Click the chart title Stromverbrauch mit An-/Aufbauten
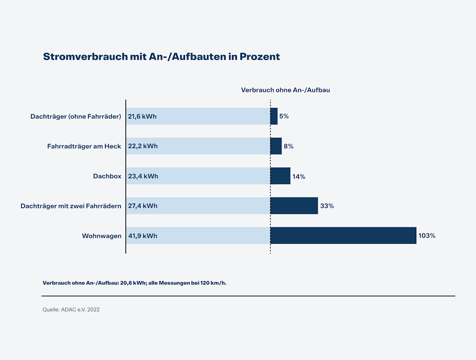coord(161,57)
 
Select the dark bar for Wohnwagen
coord(343,236)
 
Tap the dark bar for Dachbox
coord(280,176)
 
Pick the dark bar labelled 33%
coord(294,206)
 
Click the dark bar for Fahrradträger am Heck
coord(276,146)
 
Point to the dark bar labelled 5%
coord(274,116)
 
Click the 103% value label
coord(427,236)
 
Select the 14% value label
coord(298,176)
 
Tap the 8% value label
coord(288,147)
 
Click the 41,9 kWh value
coord(142,236)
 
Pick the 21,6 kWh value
coord(142,116)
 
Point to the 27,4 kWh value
coord(142,206)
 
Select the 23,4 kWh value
coord(143,176)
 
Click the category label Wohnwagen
coord(102,236)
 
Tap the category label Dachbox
coord(107,176)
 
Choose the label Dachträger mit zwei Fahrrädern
coord(71,206)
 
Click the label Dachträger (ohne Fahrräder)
coord(76,116)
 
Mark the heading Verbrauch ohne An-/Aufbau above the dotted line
coord(285,90)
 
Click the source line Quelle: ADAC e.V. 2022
coord(71,310)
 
